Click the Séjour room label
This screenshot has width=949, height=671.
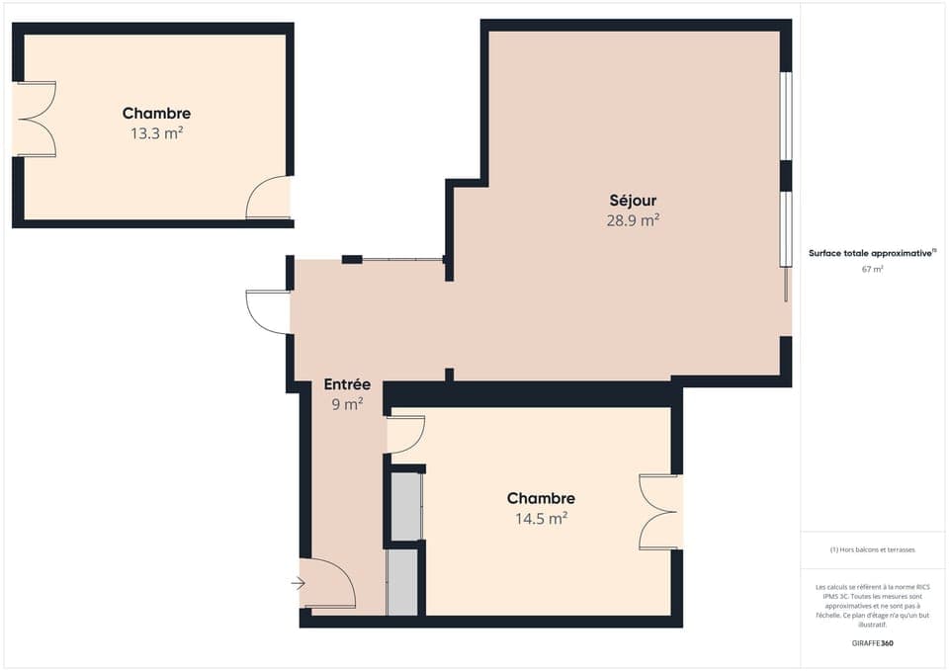633,201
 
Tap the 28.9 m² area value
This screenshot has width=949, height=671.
633,220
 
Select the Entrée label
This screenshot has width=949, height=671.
347,384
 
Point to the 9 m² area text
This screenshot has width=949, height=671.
347,403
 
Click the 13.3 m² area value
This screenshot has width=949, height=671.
156,132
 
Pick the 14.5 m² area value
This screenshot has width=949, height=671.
541,517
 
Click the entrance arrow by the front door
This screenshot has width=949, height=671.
298,584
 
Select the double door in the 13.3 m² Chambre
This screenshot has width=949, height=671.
36,119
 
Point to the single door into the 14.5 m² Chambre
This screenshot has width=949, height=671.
405,435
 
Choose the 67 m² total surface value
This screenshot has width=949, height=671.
872,269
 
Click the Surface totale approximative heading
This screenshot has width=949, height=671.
871,254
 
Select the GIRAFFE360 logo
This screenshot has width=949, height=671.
873,642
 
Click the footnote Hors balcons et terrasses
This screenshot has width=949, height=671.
872,549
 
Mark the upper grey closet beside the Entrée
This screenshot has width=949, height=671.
406,507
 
